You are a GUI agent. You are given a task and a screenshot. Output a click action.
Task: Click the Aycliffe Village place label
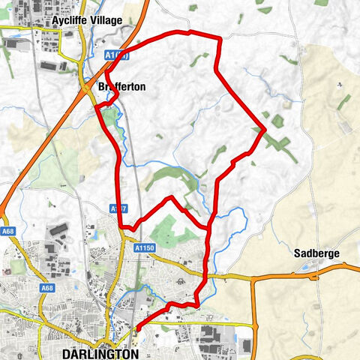[86, 20]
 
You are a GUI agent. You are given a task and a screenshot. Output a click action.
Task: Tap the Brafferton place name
[121, 87]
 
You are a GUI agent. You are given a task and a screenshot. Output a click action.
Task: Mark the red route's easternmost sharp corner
[265, 130]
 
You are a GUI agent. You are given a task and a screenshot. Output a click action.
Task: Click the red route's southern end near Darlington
[137, 328]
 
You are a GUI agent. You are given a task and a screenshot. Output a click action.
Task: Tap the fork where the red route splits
[209, 226]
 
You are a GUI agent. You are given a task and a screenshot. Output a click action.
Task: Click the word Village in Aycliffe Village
[104, 20]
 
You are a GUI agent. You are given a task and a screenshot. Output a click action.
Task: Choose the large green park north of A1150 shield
[174, 232]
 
